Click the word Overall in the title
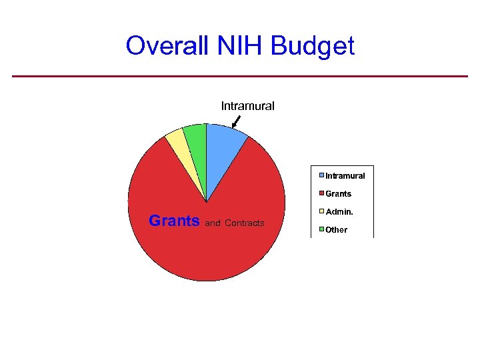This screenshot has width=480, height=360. click(167, 46)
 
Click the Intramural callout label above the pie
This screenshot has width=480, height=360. click(247, 106)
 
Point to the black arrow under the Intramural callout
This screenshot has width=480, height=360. click(236, 121)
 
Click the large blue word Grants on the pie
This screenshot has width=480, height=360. click(174, 221)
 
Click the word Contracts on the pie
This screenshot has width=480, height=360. click(245, 223)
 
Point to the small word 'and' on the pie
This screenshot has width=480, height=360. click(213, 223)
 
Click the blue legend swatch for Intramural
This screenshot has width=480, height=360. click(321, 175)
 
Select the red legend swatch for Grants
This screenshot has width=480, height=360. click(321, 193)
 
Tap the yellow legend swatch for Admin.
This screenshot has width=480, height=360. click(321, 211)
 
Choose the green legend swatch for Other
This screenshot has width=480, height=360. click(321, 229)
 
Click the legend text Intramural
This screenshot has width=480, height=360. click(345, 176)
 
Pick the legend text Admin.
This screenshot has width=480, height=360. click(339, 212)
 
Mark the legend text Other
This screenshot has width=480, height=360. click(337, 230)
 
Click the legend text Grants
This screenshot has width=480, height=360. click(339, 194)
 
